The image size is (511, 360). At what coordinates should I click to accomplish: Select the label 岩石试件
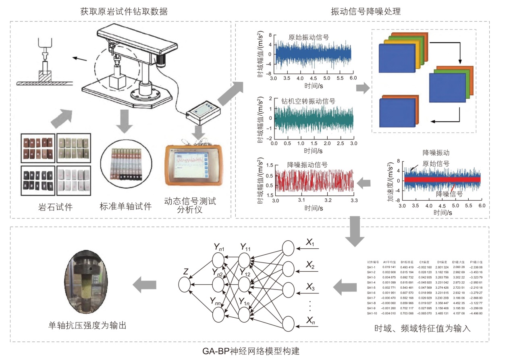pos(55,207)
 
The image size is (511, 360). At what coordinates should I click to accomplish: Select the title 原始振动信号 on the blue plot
pos(309,37)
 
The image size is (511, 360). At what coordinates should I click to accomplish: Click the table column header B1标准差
pos(408,262)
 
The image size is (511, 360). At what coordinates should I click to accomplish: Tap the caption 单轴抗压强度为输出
pos(87,325)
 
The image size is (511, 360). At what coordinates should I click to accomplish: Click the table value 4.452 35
pos(459,302)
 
